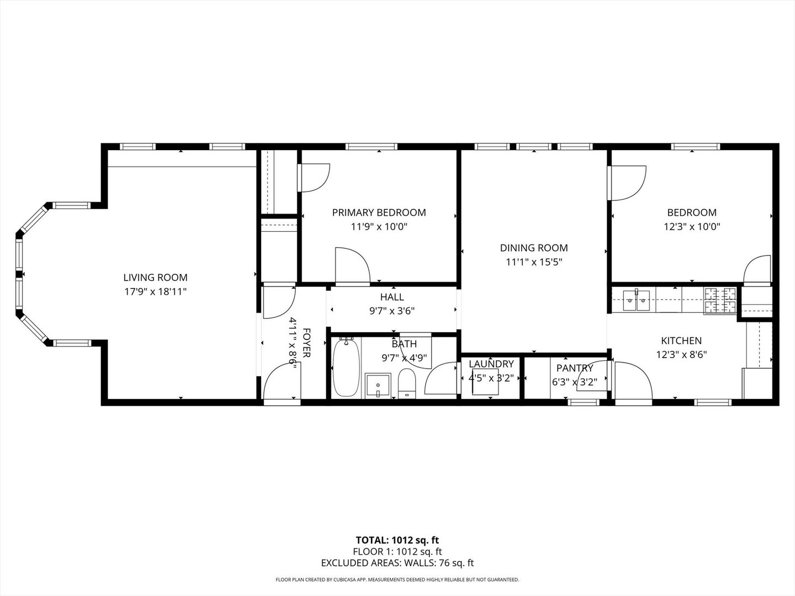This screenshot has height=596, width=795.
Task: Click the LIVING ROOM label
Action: (155, 278)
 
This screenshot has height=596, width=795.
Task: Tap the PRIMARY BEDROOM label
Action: (379, 212)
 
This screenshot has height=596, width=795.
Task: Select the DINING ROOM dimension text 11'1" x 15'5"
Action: (534, 262)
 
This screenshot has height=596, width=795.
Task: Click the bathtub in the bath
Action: (346, 368)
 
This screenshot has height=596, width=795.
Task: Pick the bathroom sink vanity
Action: (378, 385)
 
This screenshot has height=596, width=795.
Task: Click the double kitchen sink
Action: (637, 300)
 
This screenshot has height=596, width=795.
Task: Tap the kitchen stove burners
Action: (720, 301)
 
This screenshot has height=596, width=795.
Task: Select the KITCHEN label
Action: (681, 341)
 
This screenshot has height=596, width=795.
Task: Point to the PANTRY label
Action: (574, 368)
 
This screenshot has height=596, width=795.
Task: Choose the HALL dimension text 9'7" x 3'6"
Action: (392, 311)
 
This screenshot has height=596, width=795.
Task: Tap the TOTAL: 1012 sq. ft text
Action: (397, 540)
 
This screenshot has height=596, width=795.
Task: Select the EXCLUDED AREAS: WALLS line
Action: (397, 563)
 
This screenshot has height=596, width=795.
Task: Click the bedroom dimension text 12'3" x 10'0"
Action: (692, 226)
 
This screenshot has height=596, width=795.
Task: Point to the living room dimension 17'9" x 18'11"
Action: (155, 291)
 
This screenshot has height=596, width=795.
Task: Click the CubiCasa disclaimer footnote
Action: (397, 579)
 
